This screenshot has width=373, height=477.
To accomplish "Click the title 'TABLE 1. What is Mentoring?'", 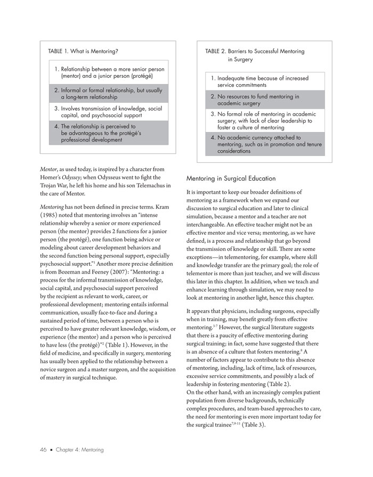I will [x=83, y=52].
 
